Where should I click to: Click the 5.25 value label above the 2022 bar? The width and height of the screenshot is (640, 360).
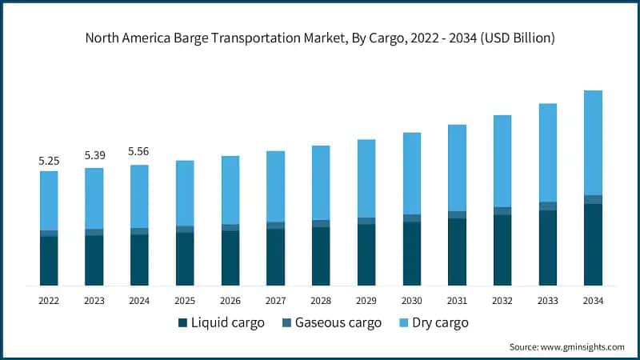[49, 161]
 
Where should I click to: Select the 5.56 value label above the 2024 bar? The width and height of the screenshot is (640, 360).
[139, 151]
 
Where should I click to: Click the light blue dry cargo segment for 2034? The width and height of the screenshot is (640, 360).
[593, 142]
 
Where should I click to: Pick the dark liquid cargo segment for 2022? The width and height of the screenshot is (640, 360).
[49, 261]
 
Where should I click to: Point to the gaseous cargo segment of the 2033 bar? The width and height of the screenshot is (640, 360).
[547, 206]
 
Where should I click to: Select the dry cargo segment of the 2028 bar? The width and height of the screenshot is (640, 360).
[321, 182]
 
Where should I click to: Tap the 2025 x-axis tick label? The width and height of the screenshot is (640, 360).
[185, 301]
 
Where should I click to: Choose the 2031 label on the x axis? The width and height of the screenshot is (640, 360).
[457, 301]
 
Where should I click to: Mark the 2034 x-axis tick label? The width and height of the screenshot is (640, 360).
[593, 301]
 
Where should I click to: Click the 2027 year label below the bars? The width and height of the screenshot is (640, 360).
[275, 301]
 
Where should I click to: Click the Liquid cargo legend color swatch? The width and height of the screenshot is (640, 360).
[182, 323]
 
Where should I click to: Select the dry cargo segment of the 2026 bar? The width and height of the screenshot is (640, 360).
[230, 190]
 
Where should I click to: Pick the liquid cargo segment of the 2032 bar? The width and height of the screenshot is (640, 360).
[502, 250]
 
